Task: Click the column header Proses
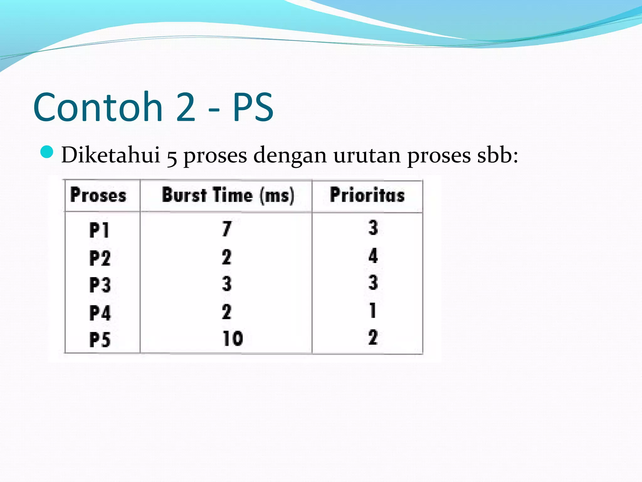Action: point(98,195)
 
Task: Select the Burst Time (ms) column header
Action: point(228,195)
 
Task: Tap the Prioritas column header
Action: point(367,195)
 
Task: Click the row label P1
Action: point(99,230)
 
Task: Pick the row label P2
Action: point(100,258)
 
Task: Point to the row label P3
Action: point(100,285)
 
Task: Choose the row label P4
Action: point(100,313)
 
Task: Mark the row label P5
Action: point(100,340)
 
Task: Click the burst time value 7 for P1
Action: point(227,228)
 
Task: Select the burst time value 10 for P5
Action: point(233,338)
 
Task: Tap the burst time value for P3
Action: point(227,284)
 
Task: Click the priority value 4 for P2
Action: point(373,255)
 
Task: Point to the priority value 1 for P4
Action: point(373,310)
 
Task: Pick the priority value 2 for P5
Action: point(373,338)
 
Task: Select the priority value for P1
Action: point(373,228)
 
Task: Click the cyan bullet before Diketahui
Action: point(47,152)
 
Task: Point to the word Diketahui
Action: point(111,155)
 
